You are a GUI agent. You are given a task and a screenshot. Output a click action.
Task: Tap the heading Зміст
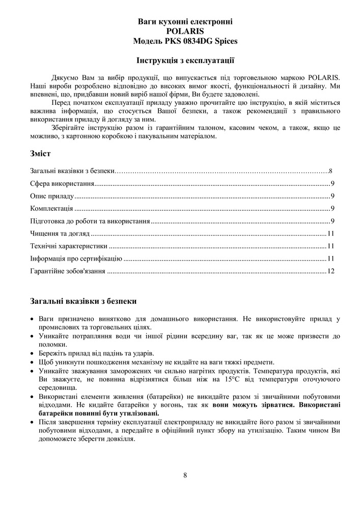[40, 153]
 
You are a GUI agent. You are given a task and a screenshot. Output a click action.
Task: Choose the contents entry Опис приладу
[52, 196]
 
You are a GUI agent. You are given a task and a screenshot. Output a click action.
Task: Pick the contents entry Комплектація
[51, 209]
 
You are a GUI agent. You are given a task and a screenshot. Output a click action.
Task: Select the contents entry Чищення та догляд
[60, 234]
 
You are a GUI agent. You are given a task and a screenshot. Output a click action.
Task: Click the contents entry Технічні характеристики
[68, 246]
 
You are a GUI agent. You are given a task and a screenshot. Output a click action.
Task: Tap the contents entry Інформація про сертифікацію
[76, 259]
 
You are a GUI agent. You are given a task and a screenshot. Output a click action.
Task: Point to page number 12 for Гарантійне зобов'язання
[330, 271]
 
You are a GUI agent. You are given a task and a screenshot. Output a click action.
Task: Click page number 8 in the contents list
[330, 171]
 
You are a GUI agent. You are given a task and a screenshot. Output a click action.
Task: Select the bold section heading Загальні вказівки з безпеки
[83, 301]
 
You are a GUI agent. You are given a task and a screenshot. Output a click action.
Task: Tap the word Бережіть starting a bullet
[52, 353]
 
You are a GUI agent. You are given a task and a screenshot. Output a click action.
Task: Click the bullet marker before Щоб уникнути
[33, 362]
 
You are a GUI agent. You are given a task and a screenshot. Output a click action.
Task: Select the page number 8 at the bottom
[185, 475]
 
